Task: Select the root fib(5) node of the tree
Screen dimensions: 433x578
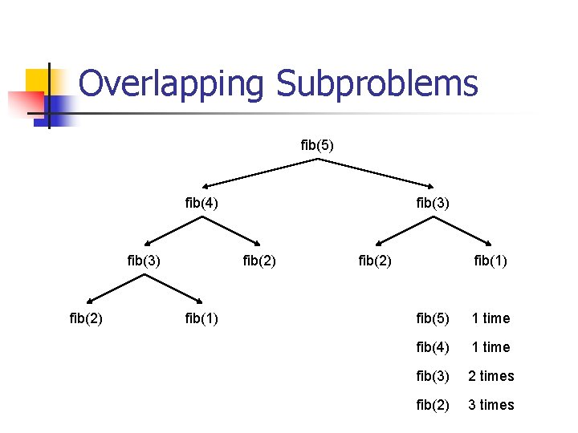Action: pyautogui.click(x=317, y=145)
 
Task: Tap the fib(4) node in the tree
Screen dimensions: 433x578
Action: pyautogui.click(x=201, y=203)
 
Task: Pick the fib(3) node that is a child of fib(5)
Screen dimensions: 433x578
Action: pyautogui.click(x=433, y=203)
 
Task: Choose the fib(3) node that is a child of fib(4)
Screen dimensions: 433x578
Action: pyautogui.click(x=144, y=260)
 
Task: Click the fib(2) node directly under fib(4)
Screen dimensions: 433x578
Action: pyautogui.click(x=259, y=260)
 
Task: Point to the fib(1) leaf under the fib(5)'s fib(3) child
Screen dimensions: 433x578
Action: pyautogui.click(x=490, y=260)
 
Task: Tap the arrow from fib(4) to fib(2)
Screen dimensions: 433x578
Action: pyautogui.click(x=231, y=231)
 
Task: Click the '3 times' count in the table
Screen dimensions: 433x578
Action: pyautogui.click(x=491, y=405)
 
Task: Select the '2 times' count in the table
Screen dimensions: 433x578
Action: pyautogui.click(x=491, y=376)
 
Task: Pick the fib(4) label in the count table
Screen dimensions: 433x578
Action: pyautogui.click(x=433, y=347)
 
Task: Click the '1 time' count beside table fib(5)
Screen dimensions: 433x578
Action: pyautogui.click(x=490, y=318)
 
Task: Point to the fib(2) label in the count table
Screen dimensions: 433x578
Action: pyautogui.click(x=433, y=405)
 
